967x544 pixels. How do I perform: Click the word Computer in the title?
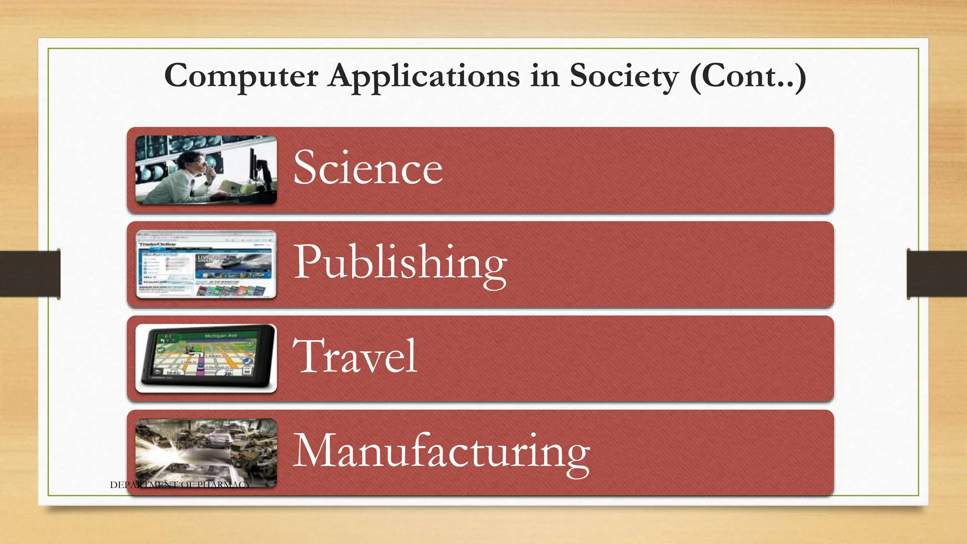241,76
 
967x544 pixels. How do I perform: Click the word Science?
368,168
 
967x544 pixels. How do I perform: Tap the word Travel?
355,356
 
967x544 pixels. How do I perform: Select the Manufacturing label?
441,451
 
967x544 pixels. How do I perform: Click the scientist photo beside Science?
206,170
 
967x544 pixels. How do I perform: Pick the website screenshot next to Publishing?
206,264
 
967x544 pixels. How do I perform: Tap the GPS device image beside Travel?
206,358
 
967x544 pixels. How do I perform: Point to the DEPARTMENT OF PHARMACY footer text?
180,484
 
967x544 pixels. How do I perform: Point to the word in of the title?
544,76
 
